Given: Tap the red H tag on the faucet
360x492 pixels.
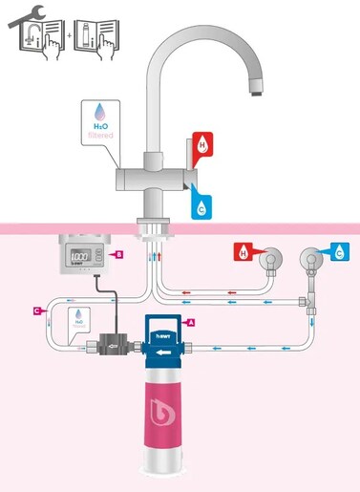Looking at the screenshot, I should (x=203, y=146).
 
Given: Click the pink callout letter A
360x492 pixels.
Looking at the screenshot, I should (x=192, y=323).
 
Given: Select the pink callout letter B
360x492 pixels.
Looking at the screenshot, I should (x=118, y=254).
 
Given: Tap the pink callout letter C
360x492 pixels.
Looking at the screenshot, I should (x=36, y=310).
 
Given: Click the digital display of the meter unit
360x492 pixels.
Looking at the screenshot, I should (x=83, y=257).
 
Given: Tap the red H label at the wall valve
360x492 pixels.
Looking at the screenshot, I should (x=244, y=254).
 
